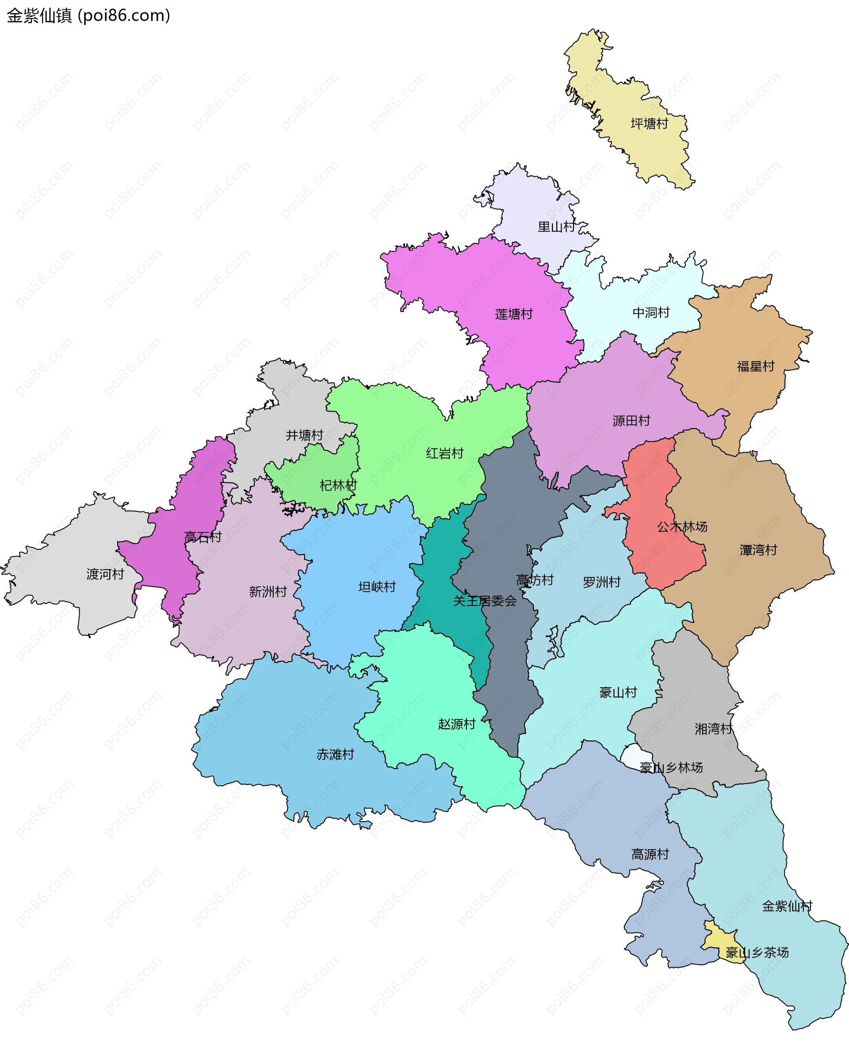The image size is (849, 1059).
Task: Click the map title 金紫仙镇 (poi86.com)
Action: [88, 16]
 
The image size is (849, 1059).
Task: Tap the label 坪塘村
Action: [649, 124]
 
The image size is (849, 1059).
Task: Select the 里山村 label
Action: [556, 227]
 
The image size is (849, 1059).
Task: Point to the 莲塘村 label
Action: [513, 314]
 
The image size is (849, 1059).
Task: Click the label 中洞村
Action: [650, 313]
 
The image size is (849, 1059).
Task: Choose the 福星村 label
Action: [755, 366]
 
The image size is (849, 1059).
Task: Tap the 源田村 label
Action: [631, 421]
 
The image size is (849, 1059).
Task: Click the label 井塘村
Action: [304, 435]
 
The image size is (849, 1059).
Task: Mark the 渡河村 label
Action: [105, 574]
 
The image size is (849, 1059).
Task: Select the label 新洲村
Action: [268, 592]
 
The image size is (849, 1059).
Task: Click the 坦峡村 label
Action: [377, 587]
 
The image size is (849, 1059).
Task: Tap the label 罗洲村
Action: [601, 583]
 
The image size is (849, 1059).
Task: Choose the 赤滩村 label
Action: [335, 754]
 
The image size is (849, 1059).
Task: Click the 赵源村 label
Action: [456, 724]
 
